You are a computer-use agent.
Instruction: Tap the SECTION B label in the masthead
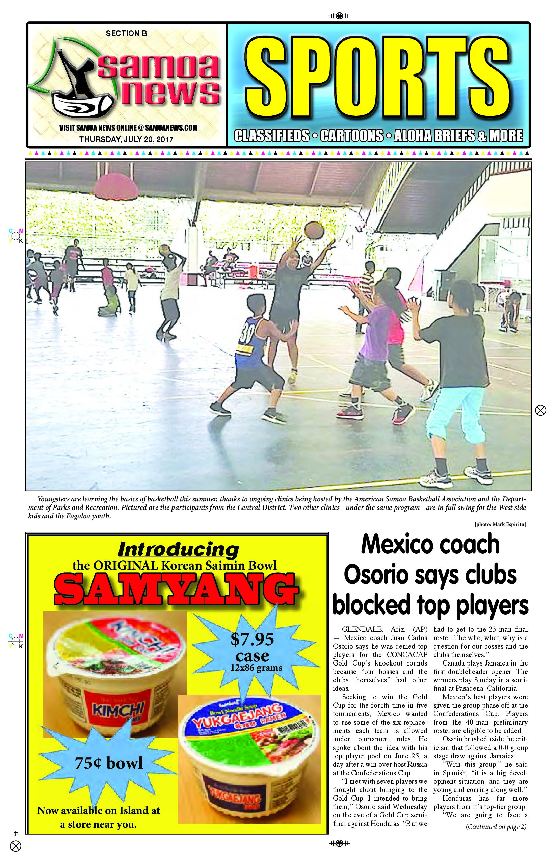click(x=126, y=34)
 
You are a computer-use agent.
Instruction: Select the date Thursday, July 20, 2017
click(x=126, y=139)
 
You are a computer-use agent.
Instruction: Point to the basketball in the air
click(x=314, y=230)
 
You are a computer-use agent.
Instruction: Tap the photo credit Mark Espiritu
click(x=500, y=524)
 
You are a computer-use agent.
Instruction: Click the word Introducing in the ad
click(x=178, y=550)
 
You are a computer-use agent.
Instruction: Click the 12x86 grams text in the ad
click(x=256, y=668)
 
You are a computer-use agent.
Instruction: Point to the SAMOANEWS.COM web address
click(x=171, y=128)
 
